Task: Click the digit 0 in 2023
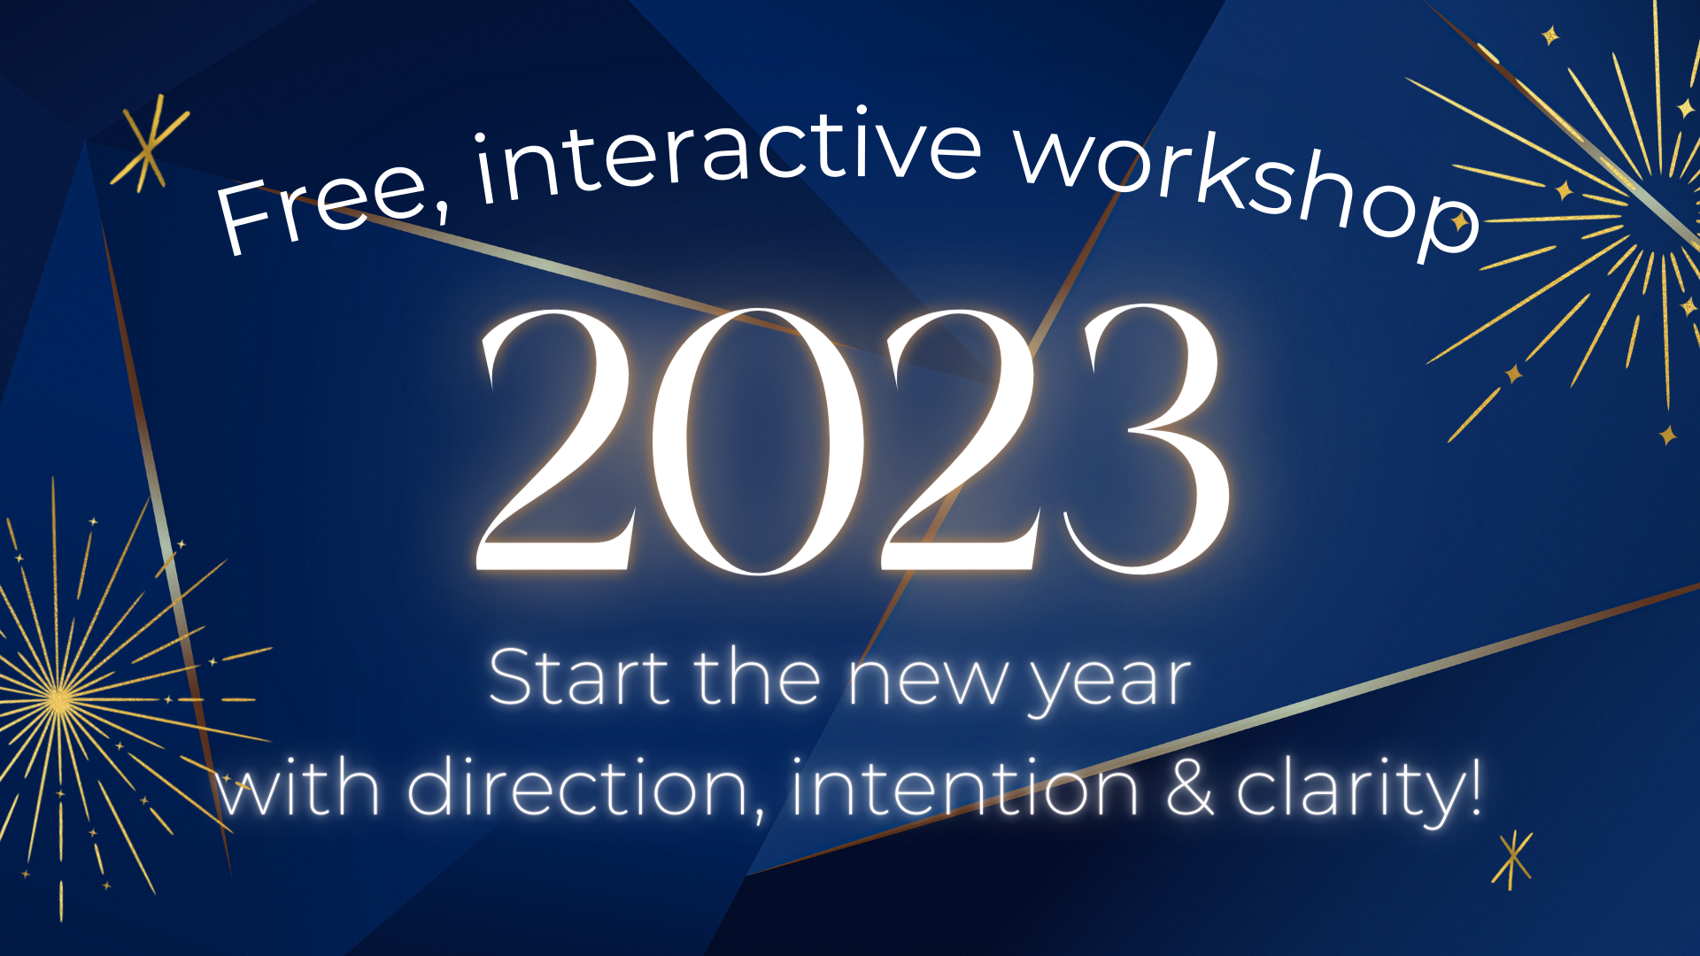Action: point(758,441)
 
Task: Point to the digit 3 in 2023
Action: point(1147,439)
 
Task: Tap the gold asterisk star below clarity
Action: point(1512,859)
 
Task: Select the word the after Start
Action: point(757,678)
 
